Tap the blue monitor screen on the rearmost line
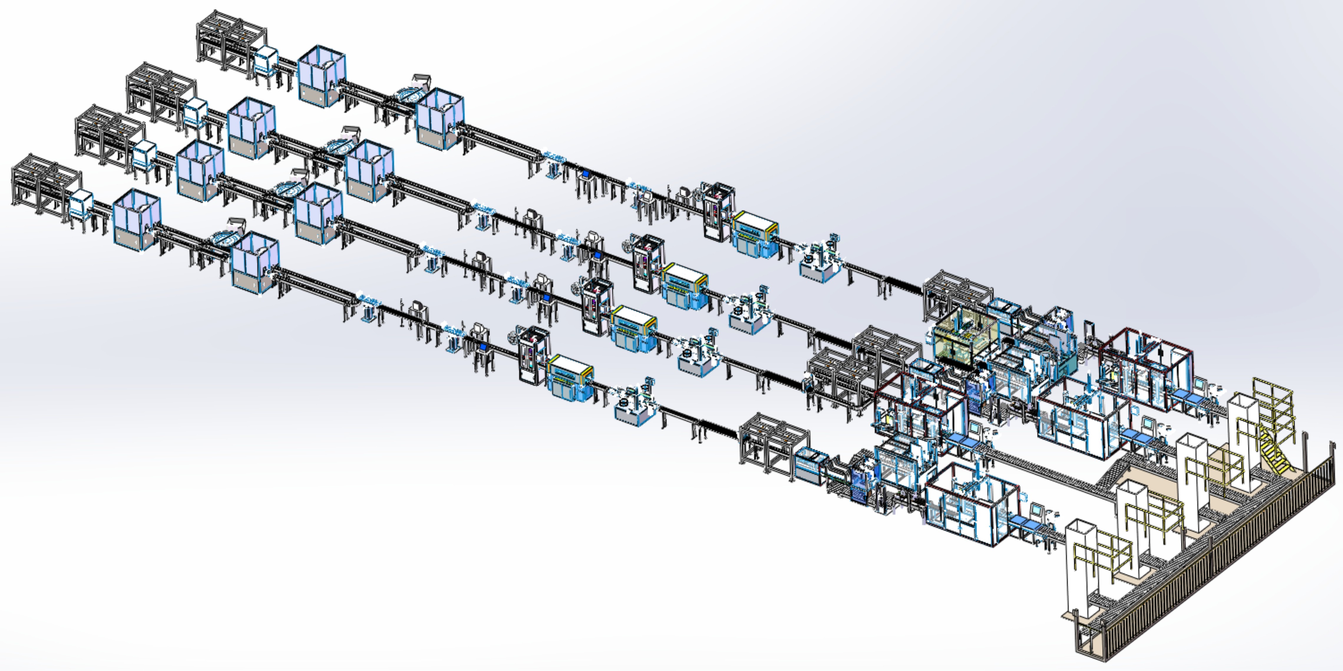pos(585,175)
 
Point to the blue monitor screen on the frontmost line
pos(483,347)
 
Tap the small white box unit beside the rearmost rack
pos(266,60)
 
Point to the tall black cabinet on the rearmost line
pos(718,211)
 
